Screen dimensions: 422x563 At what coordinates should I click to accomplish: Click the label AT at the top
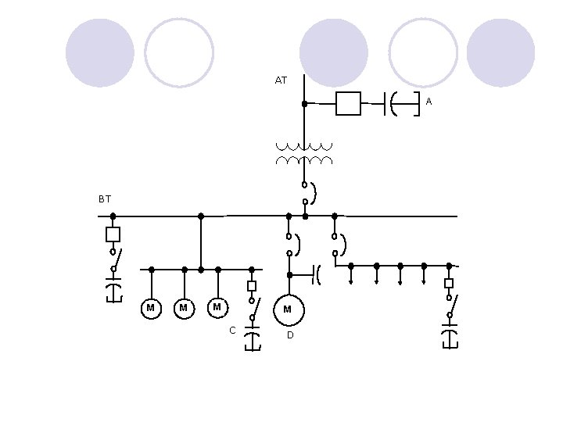tap(281, 80)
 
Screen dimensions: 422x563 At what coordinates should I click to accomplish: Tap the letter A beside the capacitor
tap(429, 102)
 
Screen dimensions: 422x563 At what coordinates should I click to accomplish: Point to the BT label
tap(105, 199)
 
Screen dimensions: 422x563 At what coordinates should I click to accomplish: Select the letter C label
tap(232, 331)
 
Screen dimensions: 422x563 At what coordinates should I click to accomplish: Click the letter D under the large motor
tap(289, 335)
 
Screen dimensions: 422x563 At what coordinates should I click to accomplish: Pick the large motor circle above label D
tap(288, 309)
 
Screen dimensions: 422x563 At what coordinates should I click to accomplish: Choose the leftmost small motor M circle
tap(150, 309)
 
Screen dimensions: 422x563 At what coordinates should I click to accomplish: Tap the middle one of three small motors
tap(183, 309)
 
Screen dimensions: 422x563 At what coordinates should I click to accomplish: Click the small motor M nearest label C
tap(217, 307)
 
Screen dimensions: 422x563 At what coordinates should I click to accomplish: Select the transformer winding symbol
tap(303, 153)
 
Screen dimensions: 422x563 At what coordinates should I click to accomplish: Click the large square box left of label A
tap(348, 103)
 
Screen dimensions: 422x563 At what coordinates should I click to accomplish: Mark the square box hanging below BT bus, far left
tap(113, 234)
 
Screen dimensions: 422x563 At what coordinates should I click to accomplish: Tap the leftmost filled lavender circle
tap(100, 52)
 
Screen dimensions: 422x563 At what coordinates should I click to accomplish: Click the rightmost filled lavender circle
tap(500, 52)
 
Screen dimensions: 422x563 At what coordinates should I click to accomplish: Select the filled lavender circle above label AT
tap(334, 52)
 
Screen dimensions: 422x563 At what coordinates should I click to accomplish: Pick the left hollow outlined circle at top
tap(179, 52)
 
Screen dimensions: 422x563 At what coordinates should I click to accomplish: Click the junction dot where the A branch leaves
tap(304, 103)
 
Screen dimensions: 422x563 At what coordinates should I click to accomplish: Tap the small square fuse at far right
tap(449, 283)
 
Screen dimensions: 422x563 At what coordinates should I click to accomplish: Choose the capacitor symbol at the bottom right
tap(450, 338)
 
